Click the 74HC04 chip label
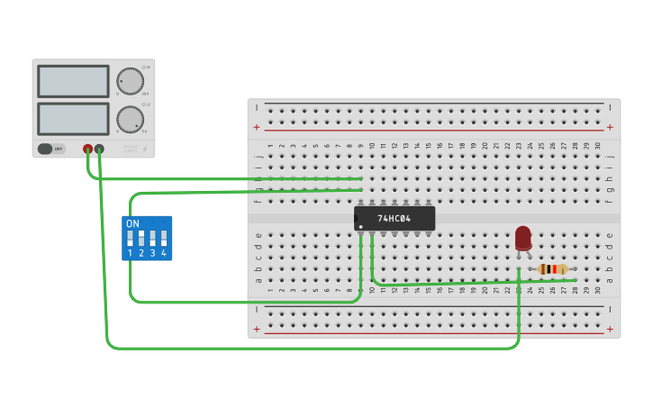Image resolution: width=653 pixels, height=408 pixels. pos(395,219)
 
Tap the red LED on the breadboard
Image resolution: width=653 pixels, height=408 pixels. pos(523,238)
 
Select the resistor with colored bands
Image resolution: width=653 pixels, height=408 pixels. pos(552,268)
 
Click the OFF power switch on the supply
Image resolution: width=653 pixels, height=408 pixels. pos(51,149)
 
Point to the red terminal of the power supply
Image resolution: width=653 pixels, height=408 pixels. pos(87,149)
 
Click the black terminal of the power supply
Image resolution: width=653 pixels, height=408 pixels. pos(99,149)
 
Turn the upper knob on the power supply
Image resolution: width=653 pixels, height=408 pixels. pos(130,81)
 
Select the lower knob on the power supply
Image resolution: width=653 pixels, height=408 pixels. pos(130,119)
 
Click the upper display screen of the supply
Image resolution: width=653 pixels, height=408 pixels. pos(73,81)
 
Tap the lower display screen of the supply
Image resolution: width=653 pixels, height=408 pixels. pos(73,118)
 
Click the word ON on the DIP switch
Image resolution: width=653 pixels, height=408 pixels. pos(132,223)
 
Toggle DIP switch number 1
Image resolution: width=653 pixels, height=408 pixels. pos(131,239)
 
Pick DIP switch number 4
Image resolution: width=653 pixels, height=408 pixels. pos(163,239)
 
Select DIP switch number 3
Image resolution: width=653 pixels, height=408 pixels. pos(152,239)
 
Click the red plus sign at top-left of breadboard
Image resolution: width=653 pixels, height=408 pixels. pos(257,128)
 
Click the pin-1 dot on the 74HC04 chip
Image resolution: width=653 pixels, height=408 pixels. pos(360,226)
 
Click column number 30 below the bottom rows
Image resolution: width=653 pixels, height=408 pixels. pos(597,290)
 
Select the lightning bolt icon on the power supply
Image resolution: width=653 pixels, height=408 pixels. pos(145,149)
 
